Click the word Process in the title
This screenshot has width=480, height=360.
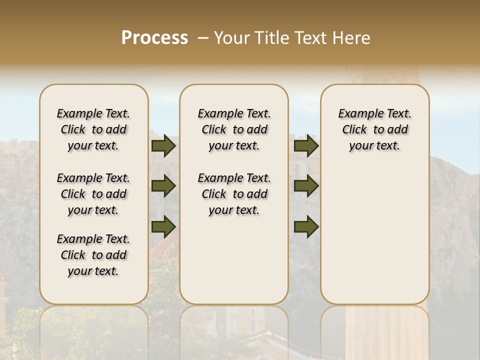point(154,37)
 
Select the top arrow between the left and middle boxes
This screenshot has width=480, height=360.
point(163,145)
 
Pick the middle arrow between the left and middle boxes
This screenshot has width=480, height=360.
point(163,186)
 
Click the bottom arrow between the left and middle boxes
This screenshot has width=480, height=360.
point(163,226)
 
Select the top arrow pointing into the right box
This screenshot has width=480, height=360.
point(306,145)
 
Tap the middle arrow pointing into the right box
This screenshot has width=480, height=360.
point(306,186)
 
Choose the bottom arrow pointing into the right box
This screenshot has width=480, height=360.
point(306,226)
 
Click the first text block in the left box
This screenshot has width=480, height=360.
point(93,129)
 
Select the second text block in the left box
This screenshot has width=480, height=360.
point(93,194)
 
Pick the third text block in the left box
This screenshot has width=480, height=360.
point(93,255)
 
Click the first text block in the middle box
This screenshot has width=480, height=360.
point(234,129)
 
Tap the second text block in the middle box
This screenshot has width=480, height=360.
point(234,194)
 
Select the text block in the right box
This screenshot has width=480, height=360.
point(374,129)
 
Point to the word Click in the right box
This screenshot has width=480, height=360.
point(354,130)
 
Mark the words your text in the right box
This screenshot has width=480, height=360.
point(374,146)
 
